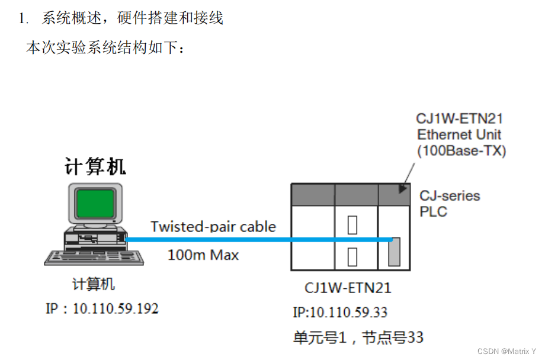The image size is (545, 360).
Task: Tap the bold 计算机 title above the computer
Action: [x=95, y=166]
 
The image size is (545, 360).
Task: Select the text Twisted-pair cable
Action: [x=213, y=226]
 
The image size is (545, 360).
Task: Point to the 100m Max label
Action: [x=203, y=255]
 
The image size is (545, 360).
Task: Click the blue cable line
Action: [x=255, y=240]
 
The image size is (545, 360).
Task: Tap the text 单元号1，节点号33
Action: [x=358, y=337]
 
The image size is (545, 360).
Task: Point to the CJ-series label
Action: [x=450, y=195]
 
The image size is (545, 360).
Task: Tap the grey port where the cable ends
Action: [x=394, y=251]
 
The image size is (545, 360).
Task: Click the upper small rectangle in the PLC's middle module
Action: [x=352, y=225]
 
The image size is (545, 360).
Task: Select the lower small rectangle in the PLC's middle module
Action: [x=352, y=256]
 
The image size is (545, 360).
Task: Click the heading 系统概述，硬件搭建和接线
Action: [x=132, y=18]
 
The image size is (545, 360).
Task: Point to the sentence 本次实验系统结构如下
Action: [x=105, y=48]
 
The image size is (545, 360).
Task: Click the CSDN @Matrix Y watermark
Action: [x=506, y=351]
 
